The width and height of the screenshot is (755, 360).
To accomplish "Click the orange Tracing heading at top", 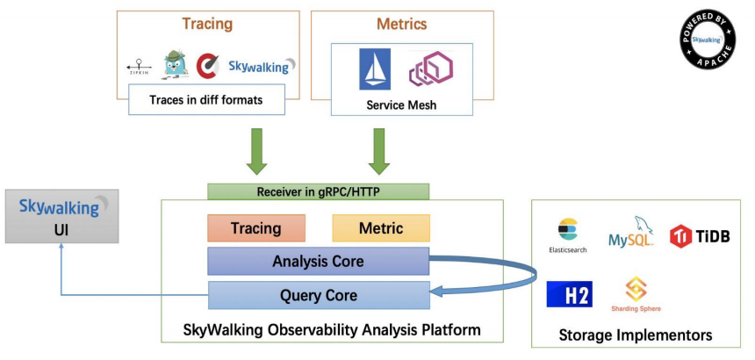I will click(207, 25).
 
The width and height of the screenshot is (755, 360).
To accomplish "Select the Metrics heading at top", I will click(402, 25).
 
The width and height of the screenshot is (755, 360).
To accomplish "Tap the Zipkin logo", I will click(139, 67).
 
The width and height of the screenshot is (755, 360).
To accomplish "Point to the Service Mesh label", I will click(401, 105).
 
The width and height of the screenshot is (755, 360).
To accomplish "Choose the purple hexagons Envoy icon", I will click(430, 69).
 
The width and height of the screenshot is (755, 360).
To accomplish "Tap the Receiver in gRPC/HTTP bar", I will click(318, 191).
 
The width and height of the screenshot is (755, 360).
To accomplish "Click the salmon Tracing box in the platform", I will click(255, 228).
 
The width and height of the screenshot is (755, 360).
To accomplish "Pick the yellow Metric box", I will click(381, 228).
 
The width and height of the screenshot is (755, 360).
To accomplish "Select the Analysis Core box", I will click(318, 262).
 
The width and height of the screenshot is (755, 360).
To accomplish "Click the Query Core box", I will click(318, 296).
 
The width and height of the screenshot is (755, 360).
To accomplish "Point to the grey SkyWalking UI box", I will click(61, 218).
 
